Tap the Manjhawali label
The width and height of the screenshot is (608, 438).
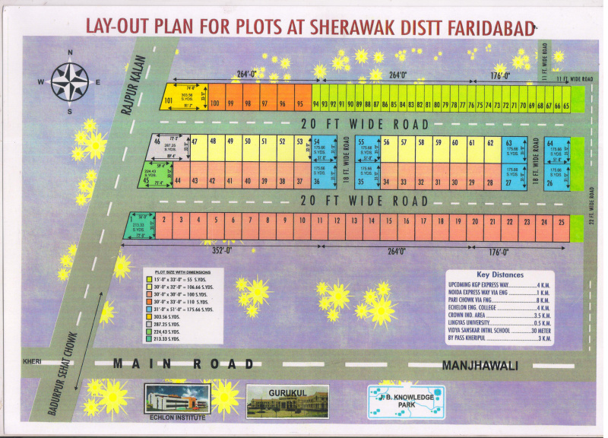click(480, 365)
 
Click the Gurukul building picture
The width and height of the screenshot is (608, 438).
click(287, 401)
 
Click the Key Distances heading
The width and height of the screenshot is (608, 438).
click(500, 275)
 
